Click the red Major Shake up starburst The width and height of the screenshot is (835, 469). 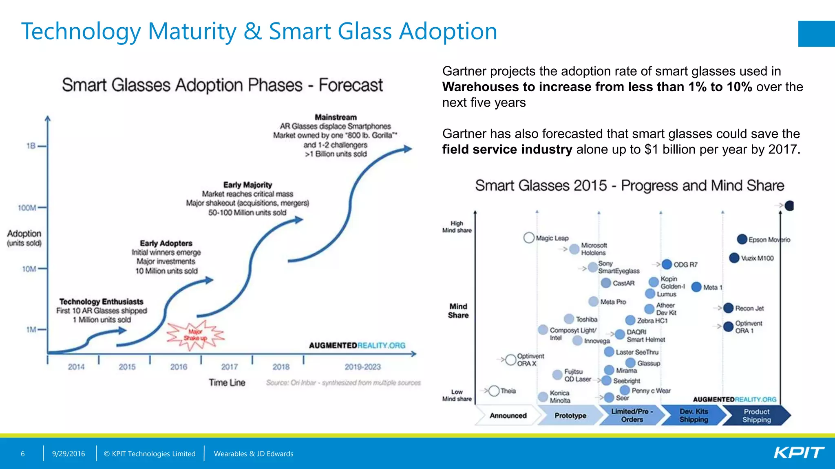coord(195,335)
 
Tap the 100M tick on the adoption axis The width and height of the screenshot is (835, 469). coord(27,208)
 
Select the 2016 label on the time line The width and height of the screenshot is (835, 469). coord(179,367)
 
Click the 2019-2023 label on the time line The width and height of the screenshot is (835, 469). coord(362,367)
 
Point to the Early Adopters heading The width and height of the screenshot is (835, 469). coord(166,243)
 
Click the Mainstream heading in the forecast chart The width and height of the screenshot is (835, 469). coord(336,117)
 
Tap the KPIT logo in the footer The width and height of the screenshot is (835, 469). coord(799,453)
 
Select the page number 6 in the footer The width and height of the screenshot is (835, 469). coord(23,454)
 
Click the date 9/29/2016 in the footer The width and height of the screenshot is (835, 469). coord(68,454)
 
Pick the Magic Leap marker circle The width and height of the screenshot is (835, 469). coord(529,238)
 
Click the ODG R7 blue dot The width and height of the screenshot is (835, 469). coord(667,264)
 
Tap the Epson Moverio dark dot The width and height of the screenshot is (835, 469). coord(742,239)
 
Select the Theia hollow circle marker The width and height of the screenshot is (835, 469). coord(494,391)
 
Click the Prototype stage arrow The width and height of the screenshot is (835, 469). coord(570,415)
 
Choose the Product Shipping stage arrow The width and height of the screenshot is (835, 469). coord(756,415)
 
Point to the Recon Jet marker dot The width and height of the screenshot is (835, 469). coord(728,308)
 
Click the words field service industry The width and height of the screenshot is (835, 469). coord(507,149)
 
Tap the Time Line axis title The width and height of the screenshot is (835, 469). coord(227,383)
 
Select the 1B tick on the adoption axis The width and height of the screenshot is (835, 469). coord(31,146)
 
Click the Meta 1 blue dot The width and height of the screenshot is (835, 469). coord(696,287)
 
